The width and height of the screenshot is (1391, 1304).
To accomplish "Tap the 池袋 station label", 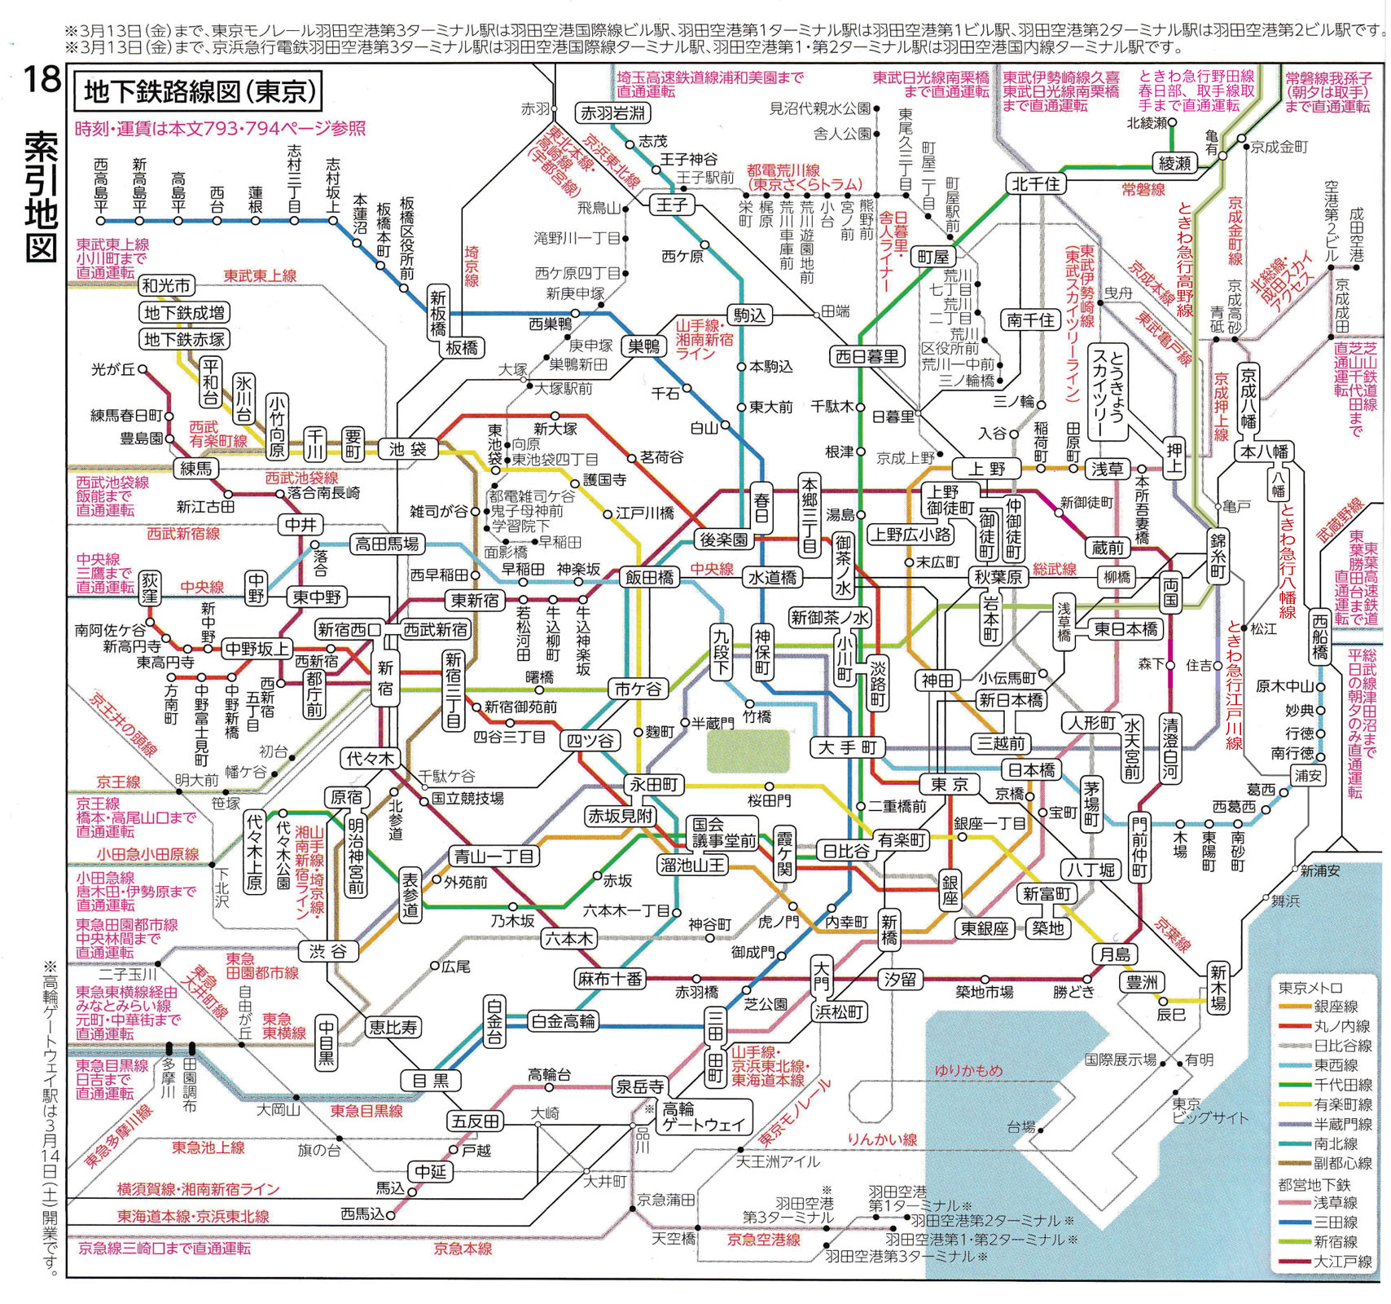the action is pos(408,449).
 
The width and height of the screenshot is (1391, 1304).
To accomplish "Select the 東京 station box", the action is pos(950,784).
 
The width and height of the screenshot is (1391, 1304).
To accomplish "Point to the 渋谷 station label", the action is pos(327,950).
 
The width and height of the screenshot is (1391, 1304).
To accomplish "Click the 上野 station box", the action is pos(986,469).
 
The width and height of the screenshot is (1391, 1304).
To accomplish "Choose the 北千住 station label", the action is pos(1036,184).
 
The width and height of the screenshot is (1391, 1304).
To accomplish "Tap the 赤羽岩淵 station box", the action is pos(613,112).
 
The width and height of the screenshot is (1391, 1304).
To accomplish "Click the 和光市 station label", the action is pos(166,286).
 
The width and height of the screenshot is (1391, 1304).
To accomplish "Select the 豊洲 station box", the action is pos(1142,983).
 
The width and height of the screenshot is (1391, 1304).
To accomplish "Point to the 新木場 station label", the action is pos(1218,987).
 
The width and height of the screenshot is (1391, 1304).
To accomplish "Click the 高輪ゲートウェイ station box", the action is pos(704,1117).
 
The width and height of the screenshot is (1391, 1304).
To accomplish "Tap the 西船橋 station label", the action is pos(1320,637).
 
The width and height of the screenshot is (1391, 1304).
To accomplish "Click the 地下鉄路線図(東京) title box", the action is pos(199,92).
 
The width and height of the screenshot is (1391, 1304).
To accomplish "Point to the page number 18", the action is pos(42,80).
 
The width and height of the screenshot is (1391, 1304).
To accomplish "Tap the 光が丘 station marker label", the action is pos(114,370).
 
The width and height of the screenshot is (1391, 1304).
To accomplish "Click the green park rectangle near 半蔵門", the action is pos(748,751).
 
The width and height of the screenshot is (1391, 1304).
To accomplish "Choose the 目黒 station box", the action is pos(431,1081).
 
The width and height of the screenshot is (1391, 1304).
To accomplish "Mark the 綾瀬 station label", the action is pos(1175,164).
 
